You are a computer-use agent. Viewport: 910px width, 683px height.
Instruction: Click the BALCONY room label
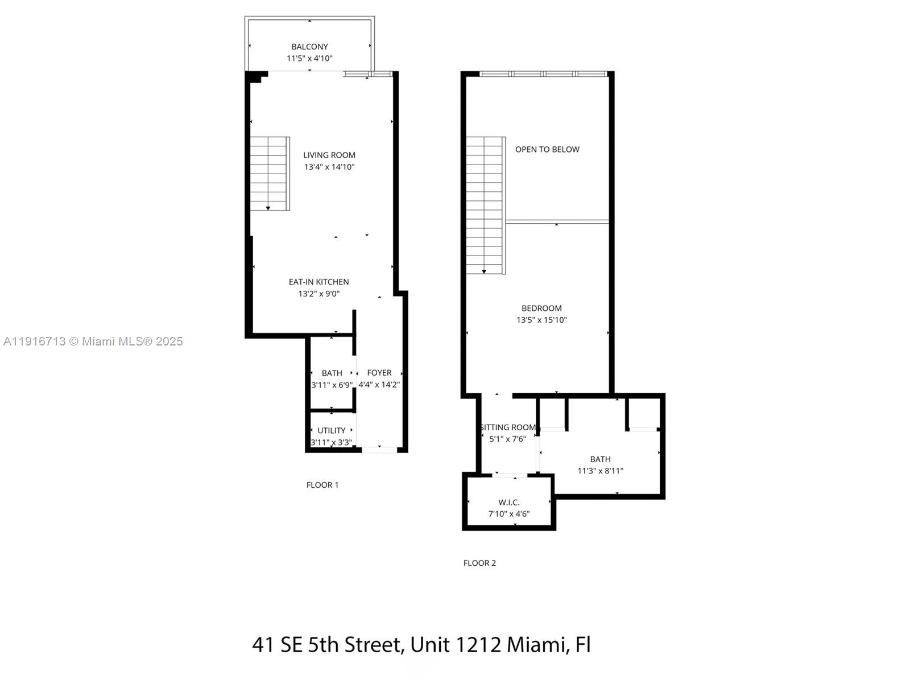pyautogui.click(x=309, y=47)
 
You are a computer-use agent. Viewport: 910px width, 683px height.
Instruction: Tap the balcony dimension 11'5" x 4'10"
pyautogui.click(x=309, y=59)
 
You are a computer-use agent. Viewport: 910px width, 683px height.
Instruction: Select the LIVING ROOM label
pyautogui.click(x=329, y=155)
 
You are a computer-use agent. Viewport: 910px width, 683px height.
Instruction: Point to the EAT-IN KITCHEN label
pyautogui.click(x=318, y=282)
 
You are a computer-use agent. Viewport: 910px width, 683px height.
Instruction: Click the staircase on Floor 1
pyautogui.click(x=270, y=174)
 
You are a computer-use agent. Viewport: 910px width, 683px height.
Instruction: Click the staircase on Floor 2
pyautogui.click(x=485, y=205)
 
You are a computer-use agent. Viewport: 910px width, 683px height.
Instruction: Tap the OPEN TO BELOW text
pyautogui.click(x=547, y=149)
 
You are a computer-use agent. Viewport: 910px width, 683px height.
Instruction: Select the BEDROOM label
pyautogui.click(x=541, y=308)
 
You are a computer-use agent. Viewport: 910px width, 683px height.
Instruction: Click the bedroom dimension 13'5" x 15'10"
pyautogui.click(x=541, y=320)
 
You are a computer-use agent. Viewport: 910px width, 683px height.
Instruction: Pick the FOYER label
pyautogui.click(x=379, y=373)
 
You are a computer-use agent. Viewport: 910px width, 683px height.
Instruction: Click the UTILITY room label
pyautogui.click(x=331, y=430)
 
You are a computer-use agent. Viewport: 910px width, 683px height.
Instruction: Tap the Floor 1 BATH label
pyautogui.click(x=332, y=373)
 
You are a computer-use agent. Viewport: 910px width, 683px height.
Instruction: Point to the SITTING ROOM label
pyautogui.click(x=508, y=427)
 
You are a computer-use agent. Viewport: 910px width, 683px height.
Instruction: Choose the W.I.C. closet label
pyautogui.click(x=508, y=502)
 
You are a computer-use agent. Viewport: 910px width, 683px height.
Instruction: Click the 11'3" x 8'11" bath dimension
pyautogui.click(x=600, y=471)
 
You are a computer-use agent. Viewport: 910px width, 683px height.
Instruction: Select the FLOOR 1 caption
pyautogui.click(x=322, y=485)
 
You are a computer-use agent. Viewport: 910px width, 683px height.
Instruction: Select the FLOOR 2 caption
pyautogui.click(x=479, y=563)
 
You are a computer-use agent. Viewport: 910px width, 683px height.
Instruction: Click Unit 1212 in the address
pyautogui.click(x=456, y=645)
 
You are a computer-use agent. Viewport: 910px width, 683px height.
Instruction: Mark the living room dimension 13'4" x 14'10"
pyautogui.click(x=329, y=167)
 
